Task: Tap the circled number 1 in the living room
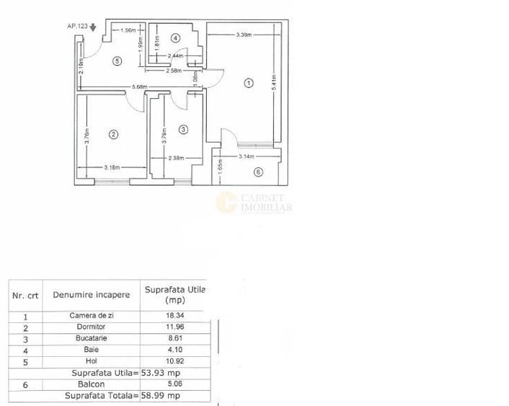249,83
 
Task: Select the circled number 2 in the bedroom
113,133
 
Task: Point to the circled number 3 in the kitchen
183,129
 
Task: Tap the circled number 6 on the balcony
258,172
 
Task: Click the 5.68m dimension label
139,88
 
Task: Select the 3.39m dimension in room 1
243,35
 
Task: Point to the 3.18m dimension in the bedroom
112,168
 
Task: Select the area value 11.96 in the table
174,327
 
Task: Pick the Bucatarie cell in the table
92,337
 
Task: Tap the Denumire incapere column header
92,294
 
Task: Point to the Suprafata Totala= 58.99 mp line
123,395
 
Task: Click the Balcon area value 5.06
174,384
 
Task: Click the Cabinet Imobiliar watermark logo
254,203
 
